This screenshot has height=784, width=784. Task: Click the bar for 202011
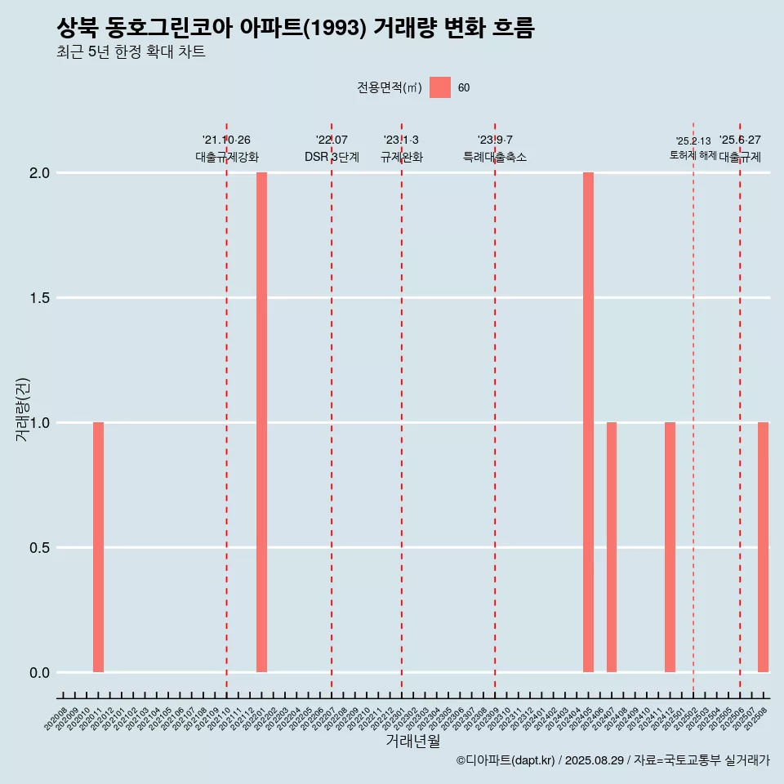98,547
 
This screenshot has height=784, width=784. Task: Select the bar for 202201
261,422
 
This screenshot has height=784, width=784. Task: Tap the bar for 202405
588,422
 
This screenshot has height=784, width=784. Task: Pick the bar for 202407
612,547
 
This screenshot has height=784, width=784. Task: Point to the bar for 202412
670,547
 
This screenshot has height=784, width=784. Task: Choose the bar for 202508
763,547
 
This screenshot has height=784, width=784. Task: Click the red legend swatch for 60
440,87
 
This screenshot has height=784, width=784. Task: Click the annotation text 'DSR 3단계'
332,157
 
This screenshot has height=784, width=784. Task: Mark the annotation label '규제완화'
402,157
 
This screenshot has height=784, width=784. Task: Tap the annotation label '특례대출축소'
495,157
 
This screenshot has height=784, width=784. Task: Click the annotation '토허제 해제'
693,155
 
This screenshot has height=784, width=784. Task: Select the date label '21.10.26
226,140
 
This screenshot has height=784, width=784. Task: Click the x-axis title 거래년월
412,742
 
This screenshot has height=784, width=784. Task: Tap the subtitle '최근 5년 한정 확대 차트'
131,52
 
